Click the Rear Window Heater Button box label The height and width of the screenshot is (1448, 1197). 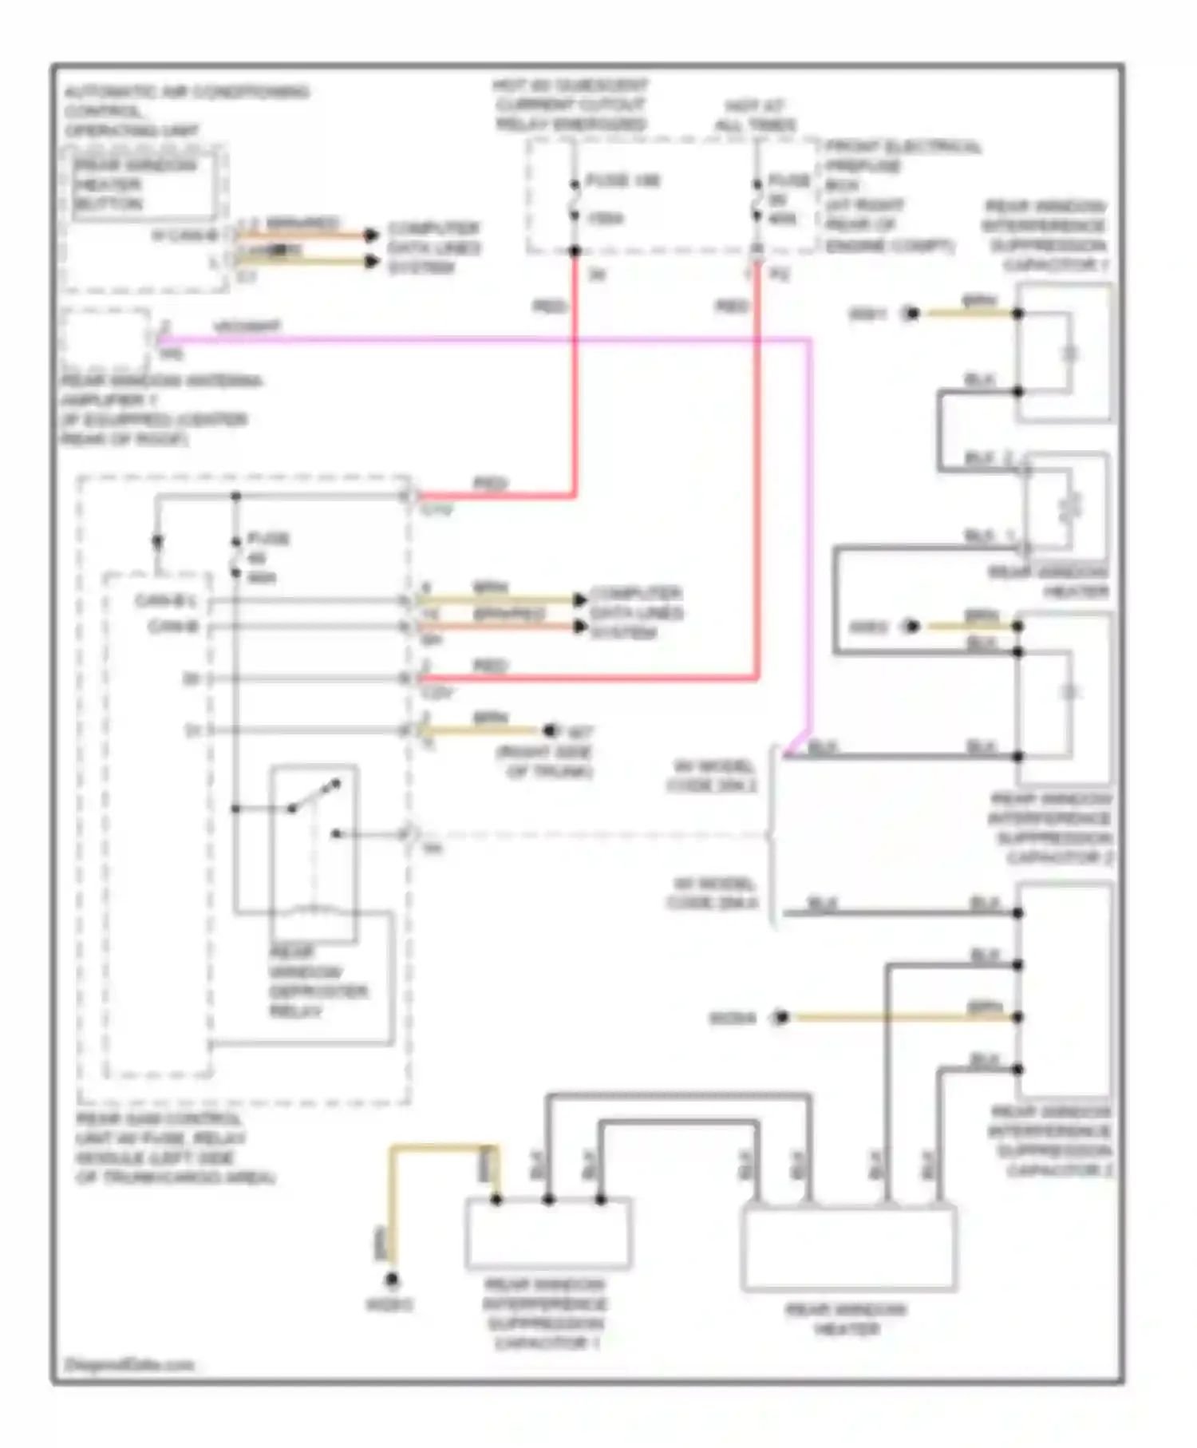(x=136, y=185)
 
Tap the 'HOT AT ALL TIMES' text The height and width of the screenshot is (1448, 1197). (x=755, y=116)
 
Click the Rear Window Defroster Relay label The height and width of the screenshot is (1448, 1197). (x=318, y=982)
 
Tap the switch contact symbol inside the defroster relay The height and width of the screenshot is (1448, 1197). (x=314, y=797)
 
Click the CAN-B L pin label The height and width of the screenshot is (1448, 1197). (x=165, y=600)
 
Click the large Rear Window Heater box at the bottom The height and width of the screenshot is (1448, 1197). (x=848, y=1249)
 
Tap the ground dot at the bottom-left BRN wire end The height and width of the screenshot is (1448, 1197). (x=391, y=1280)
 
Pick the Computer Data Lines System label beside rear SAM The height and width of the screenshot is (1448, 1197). (x=636, y=613)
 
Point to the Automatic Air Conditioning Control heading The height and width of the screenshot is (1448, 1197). (x=185, y=110)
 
